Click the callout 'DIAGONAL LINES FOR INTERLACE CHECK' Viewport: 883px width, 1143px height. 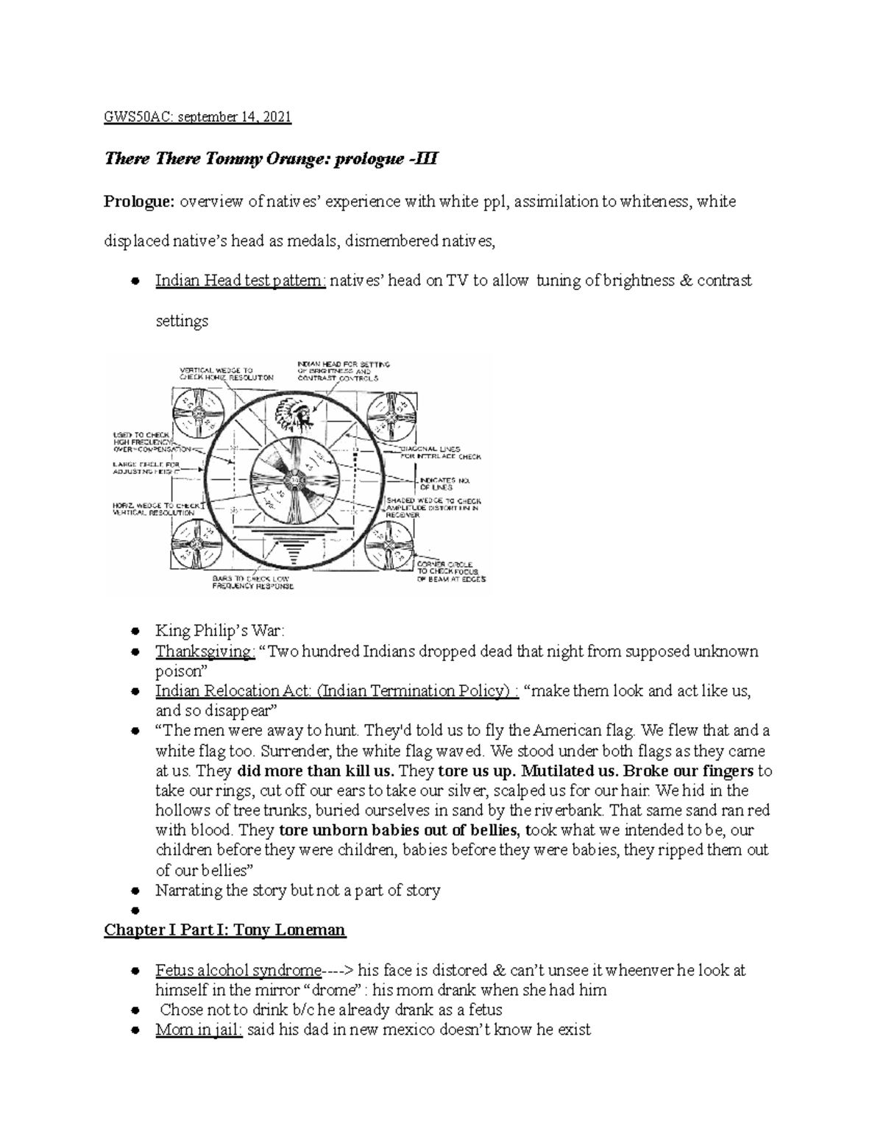click(x=440, y=453)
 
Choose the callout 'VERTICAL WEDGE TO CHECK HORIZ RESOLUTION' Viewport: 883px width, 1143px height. click(x=225, y=373)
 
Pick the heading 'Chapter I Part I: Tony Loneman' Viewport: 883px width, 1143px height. click(x=224, y=930)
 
